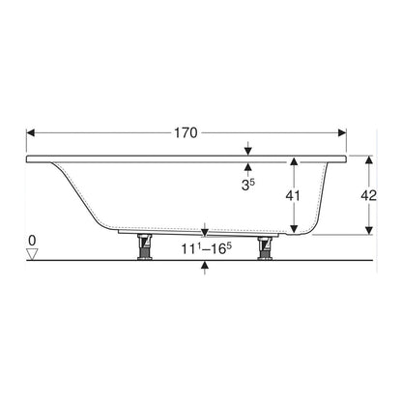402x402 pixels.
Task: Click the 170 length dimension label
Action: point(186,132)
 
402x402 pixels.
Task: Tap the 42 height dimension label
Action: point(368,195)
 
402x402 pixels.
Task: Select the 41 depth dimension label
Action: point(293,195)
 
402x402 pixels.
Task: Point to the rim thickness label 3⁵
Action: point(247,185)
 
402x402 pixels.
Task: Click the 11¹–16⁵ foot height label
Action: point(207,248)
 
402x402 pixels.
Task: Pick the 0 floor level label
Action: point(32,241)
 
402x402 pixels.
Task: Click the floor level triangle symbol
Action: point(32,254)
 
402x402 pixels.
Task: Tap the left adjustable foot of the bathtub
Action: point(145,246)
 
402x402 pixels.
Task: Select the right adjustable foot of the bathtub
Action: point(266,247)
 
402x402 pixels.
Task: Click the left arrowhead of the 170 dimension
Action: point(31,132)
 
